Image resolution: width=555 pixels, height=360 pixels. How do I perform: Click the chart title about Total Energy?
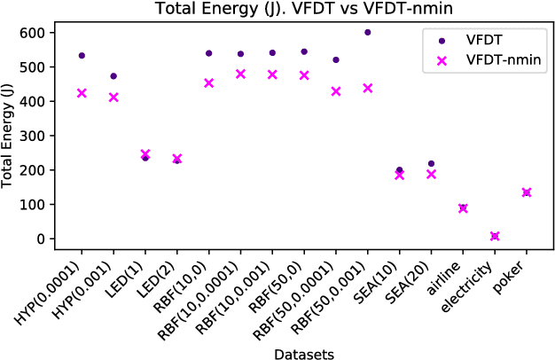click(297, 9)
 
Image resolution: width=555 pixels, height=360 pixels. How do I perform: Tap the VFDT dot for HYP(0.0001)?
click(82, 55)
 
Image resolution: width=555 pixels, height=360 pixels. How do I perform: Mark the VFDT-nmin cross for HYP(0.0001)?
click(82, 92)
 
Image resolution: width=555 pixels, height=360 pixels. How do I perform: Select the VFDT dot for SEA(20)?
click(431, 163)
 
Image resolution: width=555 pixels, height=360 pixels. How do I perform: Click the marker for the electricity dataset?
click(495, 237)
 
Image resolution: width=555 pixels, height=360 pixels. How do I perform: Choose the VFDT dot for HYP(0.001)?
click(113, 76)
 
